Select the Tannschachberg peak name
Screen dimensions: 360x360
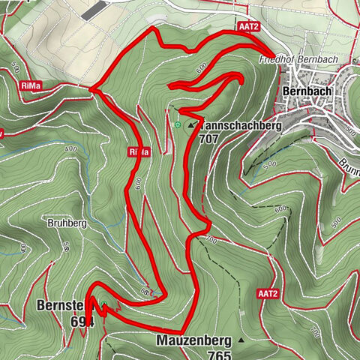point(240,127)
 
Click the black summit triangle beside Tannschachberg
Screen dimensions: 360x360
point(190,127)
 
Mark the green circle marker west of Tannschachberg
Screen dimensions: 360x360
point(178,124)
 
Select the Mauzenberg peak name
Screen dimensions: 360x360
point(193,340)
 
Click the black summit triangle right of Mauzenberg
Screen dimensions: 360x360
point(241,340)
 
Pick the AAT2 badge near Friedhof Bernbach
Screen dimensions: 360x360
point(248,26)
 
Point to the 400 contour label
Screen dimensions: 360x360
point(71,150)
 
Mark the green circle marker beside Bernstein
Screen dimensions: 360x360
point(105,304)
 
